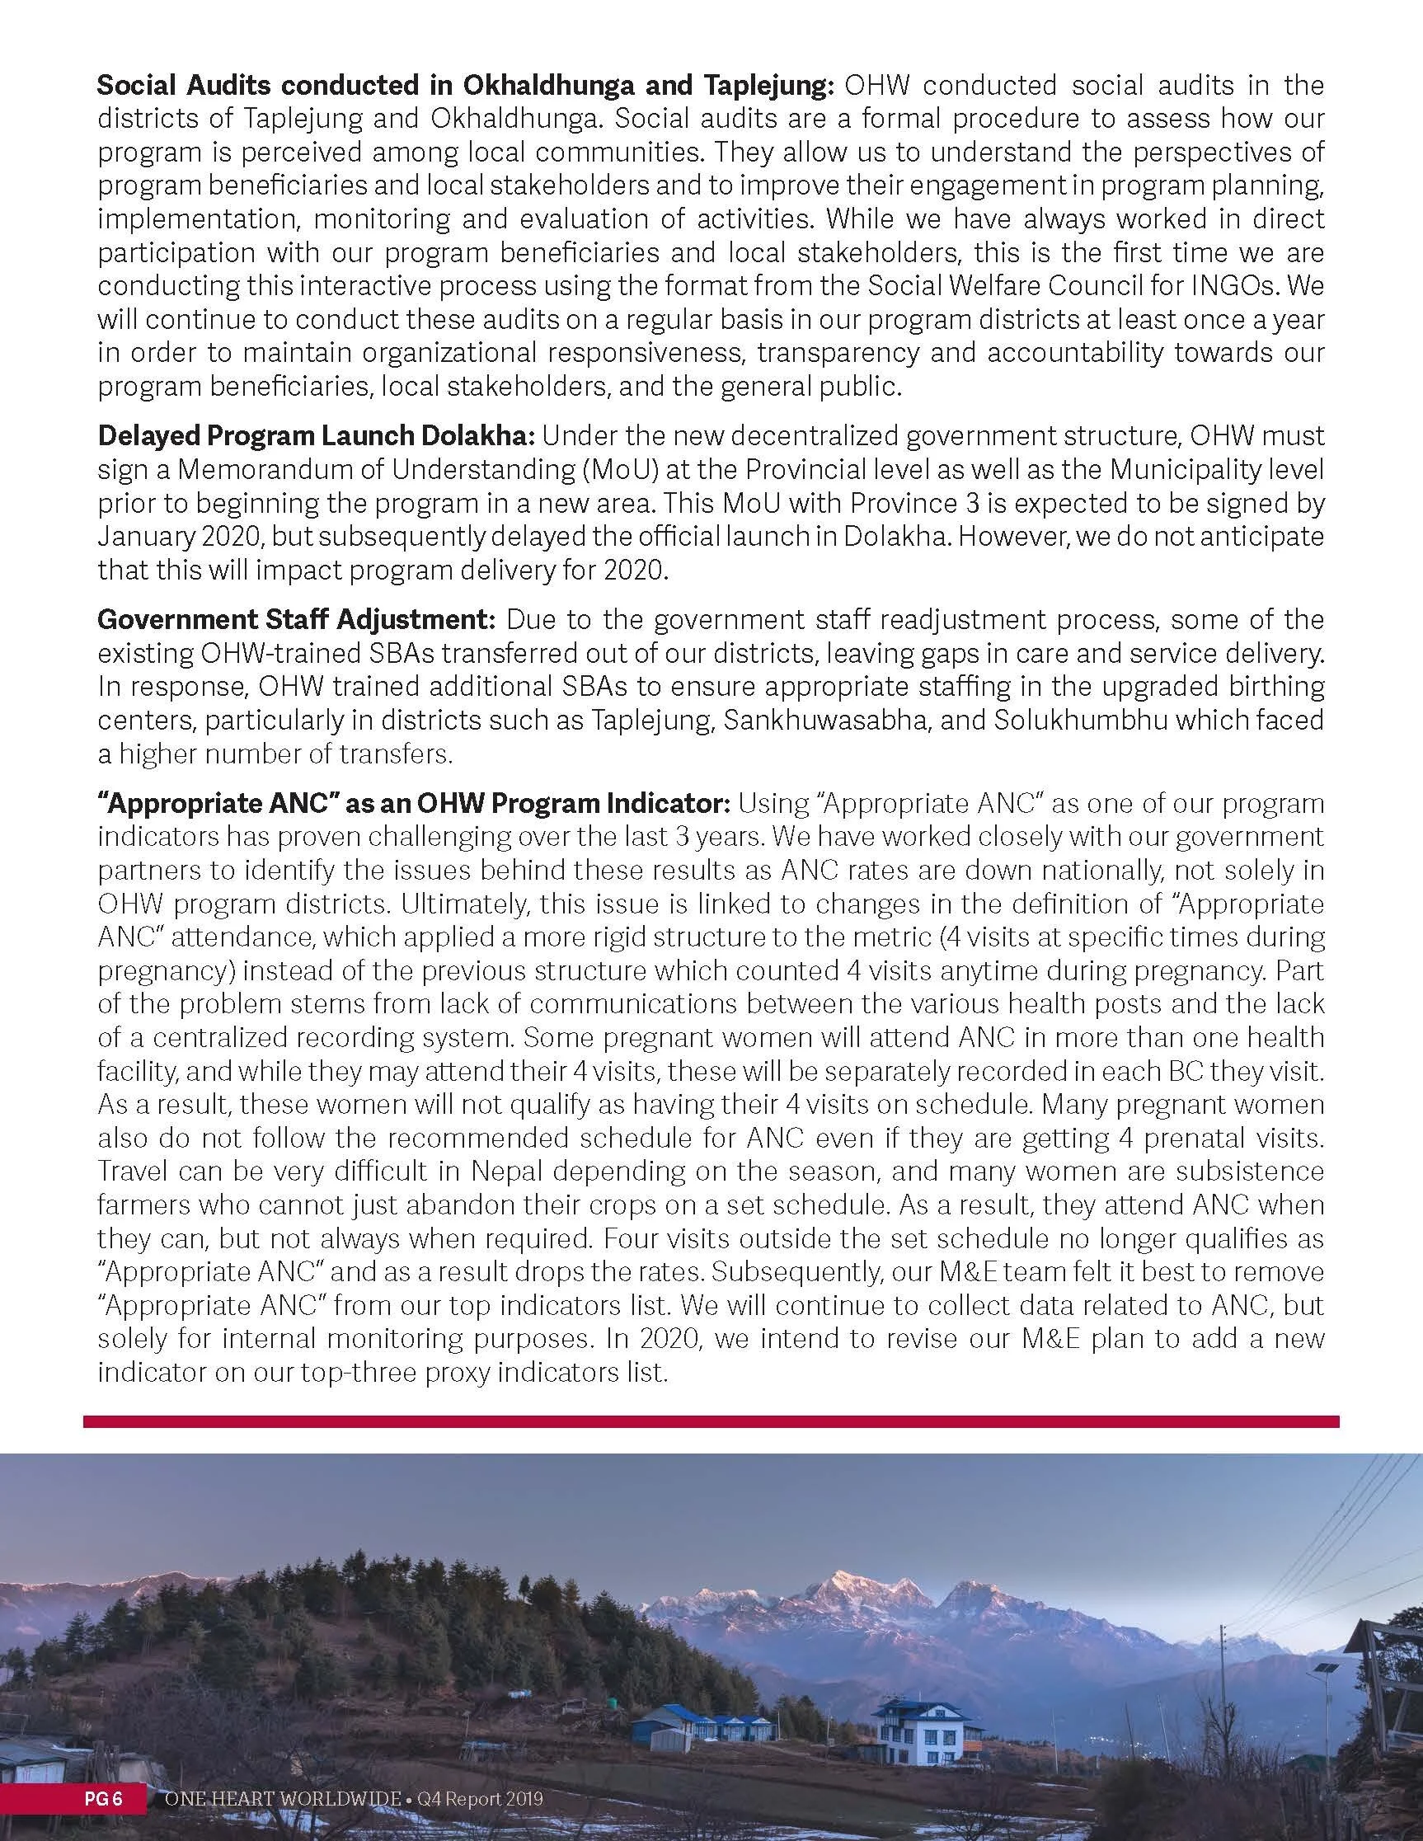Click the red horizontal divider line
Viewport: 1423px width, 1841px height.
pos(711,1422)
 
